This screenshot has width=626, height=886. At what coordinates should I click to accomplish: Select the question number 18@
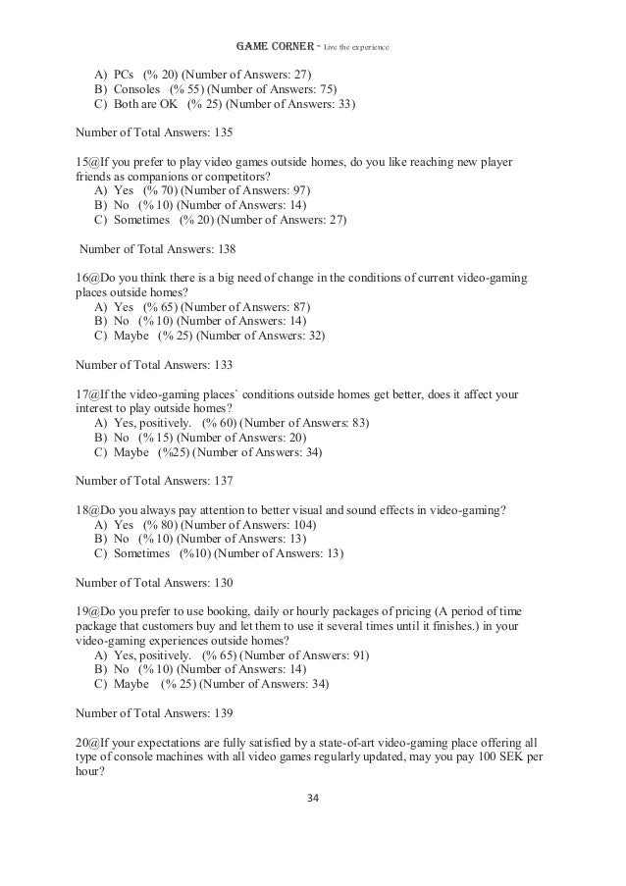pos(85,510)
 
